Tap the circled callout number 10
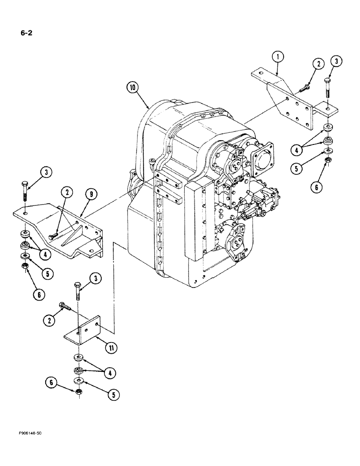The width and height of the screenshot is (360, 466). (x=133, y=87)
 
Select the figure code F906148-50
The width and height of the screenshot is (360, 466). (x=29, y=433)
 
